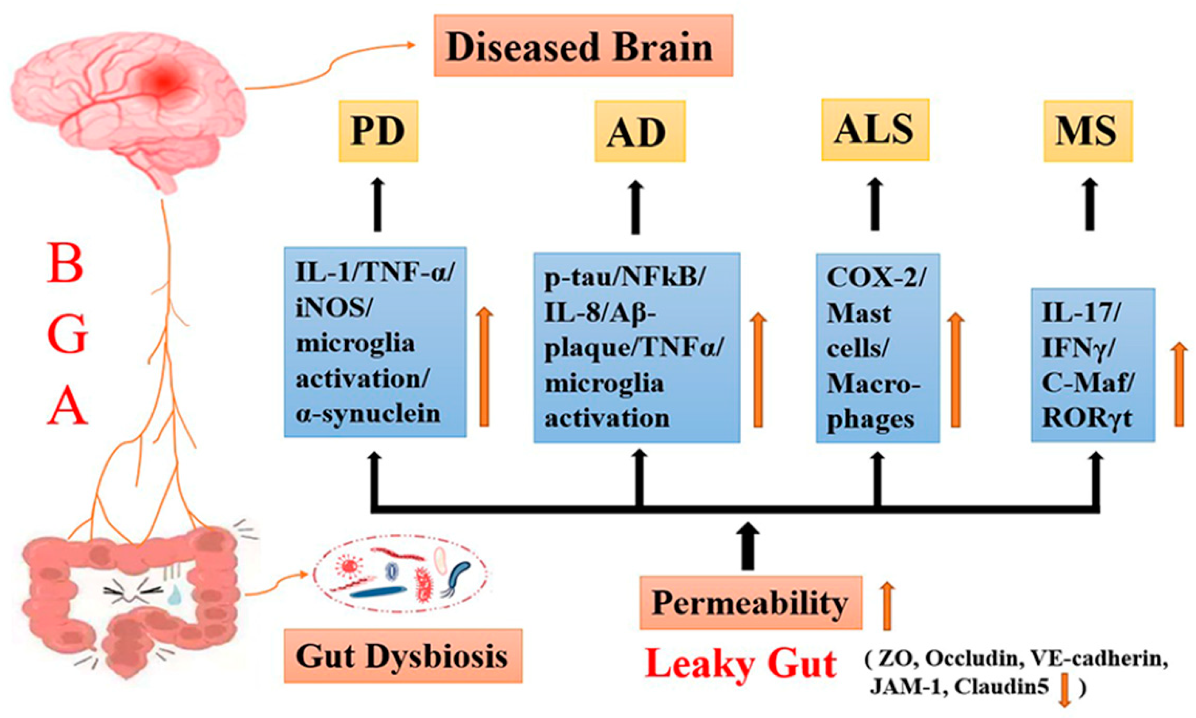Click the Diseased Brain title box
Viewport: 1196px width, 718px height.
point(583,46)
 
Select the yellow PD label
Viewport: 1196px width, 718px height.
point(378,131)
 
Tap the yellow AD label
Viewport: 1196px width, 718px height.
point(639,131)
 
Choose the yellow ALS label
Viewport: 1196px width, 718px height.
point(874,130)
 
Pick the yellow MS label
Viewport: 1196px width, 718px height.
point(1087,131)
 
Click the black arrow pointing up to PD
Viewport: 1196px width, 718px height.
point(378,205)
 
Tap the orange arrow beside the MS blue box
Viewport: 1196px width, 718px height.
point(1179,385)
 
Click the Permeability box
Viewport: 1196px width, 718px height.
point(750,602)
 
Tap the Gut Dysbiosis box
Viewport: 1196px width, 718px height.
point(402,656)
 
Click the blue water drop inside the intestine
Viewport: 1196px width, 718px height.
point(173,596)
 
